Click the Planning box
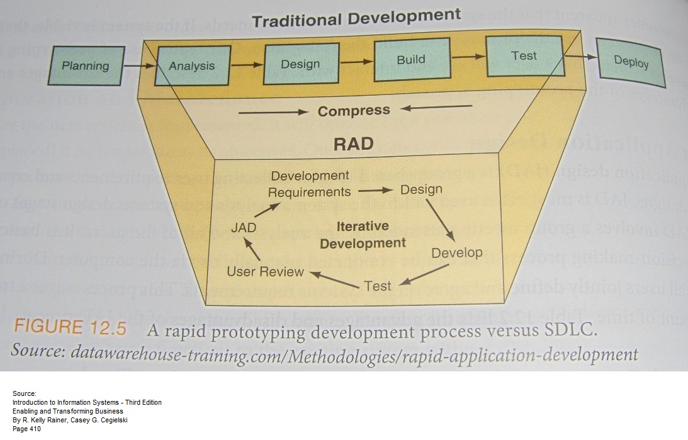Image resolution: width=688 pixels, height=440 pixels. (x=86, y=65)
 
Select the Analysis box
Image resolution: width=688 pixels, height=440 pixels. (x=192, y=65)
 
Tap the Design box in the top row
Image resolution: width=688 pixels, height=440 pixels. (x=300, y=64)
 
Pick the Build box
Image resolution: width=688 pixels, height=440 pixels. (x=411, y=60)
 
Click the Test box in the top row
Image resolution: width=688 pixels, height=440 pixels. (x=524, y=56)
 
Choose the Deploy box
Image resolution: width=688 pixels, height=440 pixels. (x=631, y=62)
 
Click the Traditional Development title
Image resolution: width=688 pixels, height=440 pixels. (x=356, y=18)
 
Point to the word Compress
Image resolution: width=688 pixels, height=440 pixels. (x=354, y=111)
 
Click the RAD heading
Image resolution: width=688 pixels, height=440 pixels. (x=353, y=144)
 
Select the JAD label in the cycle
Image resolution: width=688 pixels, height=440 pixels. (x=244, y=227)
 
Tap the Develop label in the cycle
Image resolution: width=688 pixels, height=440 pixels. (x=456, y=253)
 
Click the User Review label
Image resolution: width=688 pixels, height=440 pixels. (x=265, y=272)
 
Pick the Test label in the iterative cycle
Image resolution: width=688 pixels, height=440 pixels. (x=378, y=285)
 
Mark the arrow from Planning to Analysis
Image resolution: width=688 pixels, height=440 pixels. (x=138, y=65)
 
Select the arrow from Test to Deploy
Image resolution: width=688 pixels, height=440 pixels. (x=580, y=57)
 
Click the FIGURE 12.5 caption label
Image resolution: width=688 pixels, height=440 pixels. (x=70, y=329)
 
